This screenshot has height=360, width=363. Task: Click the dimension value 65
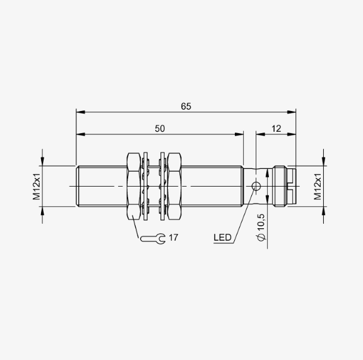186,107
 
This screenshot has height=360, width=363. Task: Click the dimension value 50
160,129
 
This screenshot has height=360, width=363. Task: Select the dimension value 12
276,129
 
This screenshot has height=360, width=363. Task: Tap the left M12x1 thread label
37,187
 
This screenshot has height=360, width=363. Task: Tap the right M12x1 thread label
318,187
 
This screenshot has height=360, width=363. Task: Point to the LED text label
222,238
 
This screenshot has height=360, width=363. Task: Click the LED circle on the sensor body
256,186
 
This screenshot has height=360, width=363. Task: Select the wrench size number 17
174,238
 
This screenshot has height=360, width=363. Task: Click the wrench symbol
153,238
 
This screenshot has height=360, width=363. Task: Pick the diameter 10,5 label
261,227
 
